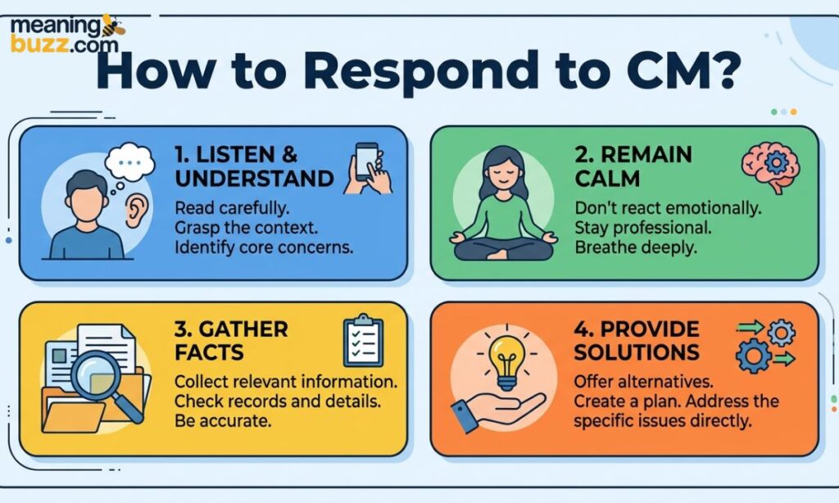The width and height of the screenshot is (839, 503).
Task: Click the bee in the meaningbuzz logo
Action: pos(113,25)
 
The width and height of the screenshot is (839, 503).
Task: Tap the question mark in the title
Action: pos(723,70)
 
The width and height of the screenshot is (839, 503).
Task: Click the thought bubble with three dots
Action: pos(129,161)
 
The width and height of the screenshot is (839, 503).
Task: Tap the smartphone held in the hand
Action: pos(366,161)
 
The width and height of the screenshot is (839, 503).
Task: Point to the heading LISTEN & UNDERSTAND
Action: pos(254,166)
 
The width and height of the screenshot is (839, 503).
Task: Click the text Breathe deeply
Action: pos(636,247)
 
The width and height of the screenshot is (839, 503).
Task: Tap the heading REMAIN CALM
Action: pos(633,166)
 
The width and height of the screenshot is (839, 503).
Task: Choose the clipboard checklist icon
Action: pos(363,340)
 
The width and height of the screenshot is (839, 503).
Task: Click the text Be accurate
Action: pos(223,420)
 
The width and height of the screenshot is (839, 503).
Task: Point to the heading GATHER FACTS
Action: pos(231,341)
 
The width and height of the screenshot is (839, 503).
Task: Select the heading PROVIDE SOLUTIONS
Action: pos(637,341)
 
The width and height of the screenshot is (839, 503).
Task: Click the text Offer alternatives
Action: pos(643,382)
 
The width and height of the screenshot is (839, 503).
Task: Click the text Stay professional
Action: pos(643,228)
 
